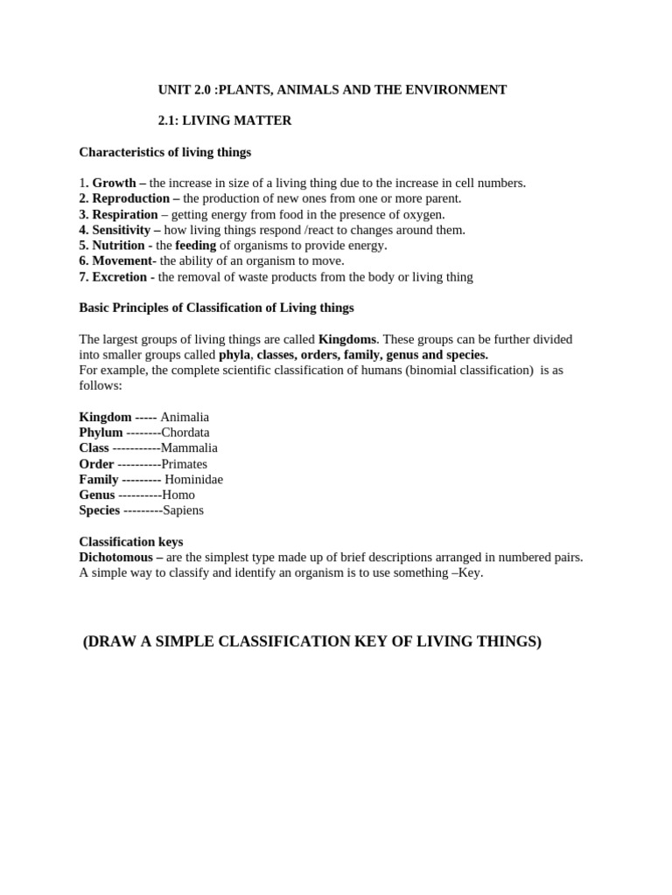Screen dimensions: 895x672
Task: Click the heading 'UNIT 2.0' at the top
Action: (185, 89)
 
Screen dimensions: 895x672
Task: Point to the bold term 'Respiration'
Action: (125, 214)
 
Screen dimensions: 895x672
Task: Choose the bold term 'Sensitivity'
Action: (122, 230)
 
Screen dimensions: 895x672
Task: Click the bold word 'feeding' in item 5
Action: (195, 246)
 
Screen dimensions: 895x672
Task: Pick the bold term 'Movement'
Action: (122, 261)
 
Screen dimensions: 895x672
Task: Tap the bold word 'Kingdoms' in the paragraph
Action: (347, 338)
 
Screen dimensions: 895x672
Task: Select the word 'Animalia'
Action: (185, 417)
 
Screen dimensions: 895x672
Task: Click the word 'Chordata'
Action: (185, 433)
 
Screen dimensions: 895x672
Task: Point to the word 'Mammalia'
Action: (189, 448)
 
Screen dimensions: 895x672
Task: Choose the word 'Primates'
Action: (184, 464)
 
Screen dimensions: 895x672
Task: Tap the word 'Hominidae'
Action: (193, 480)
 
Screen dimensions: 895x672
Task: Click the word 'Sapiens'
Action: (183, 510)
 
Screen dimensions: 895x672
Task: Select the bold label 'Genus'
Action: (97, 495)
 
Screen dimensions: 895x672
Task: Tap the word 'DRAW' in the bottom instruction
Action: (112, 642)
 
